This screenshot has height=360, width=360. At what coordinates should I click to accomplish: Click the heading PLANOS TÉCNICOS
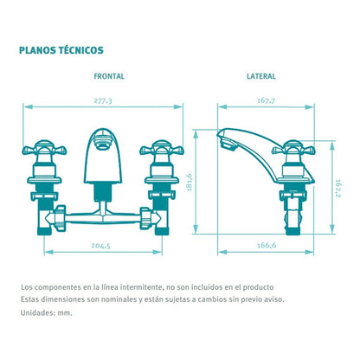(61, 50)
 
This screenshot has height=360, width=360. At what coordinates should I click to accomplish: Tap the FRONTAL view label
(109, 76)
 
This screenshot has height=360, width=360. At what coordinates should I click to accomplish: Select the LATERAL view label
(261, 76)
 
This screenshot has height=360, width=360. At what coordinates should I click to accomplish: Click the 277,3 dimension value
(103, 101)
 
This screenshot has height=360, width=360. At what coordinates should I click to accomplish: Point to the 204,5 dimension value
(100, 246)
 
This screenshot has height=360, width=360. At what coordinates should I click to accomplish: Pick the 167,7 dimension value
(266, 100)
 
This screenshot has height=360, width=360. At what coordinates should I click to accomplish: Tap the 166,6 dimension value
(267, 245)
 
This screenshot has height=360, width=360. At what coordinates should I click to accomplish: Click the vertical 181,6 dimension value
(190, 182)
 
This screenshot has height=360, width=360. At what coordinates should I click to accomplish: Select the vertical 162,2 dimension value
(338, 189)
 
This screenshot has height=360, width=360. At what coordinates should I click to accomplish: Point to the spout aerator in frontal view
(103, 143)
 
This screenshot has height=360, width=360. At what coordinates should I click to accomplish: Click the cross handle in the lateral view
(293, 149)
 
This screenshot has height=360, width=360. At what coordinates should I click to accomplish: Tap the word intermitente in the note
(140, 287)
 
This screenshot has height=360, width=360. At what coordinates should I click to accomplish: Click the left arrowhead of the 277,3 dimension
(28, 107)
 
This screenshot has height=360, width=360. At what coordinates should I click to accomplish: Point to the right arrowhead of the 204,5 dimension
(157, 252)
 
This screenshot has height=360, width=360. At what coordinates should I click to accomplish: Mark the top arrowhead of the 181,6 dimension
(196, 134)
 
